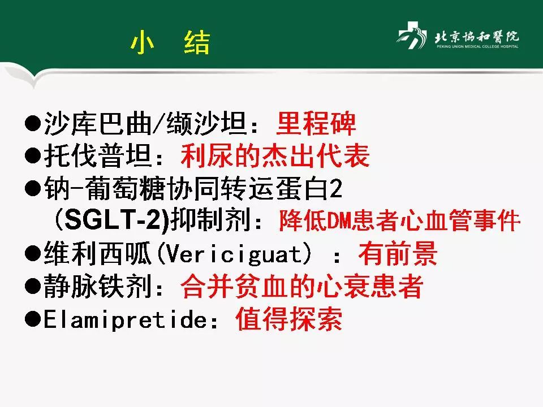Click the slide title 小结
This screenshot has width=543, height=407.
pos(170,43)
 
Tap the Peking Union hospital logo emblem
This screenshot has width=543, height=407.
pos(411,38)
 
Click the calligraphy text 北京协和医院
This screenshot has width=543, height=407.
pos(476,37)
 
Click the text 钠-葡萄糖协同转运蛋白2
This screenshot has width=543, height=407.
pos(193,190)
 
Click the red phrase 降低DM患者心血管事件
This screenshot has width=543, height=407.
pos(399,222)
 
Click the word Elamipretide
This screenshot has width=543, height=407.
pos(124,320)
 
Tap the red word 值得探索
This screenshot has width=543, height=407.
pos(289,320)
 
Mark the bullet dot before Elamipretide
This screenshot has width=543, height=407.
pos(33,320)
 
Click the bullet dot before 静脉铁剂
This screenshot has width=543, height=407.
pos(33,288)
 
